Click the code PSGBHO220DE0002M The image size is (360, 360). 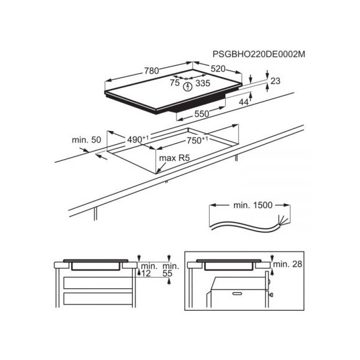259,54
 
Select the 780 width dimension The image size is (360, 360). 152,71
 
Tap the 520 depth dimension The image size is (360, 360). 218,69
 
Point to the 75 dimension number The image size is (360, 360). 175,82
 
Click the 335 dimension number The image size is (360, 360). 203,83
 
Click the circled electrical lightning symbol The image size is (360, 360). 188,87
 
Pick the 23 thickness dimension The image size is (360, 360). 276,81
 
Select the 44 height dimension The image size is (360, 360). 244,102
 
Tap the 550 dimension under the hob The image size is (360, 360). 202,114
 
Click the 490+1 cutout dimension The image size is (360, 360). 138,139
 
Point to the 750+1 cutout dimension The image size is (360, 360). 197,140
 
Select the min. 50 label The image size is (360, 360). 86,140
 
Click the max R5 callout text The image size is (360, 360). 174,158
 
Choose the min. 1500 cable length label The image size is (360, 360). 253,205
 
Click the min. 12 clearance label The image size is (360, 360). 149,270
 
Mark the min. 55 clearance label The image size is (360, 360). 170,270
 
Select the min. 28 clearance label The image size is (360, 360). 288,265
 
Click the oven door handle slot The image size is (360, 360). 237,293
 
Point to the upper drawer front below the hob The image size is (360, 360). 98,283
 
